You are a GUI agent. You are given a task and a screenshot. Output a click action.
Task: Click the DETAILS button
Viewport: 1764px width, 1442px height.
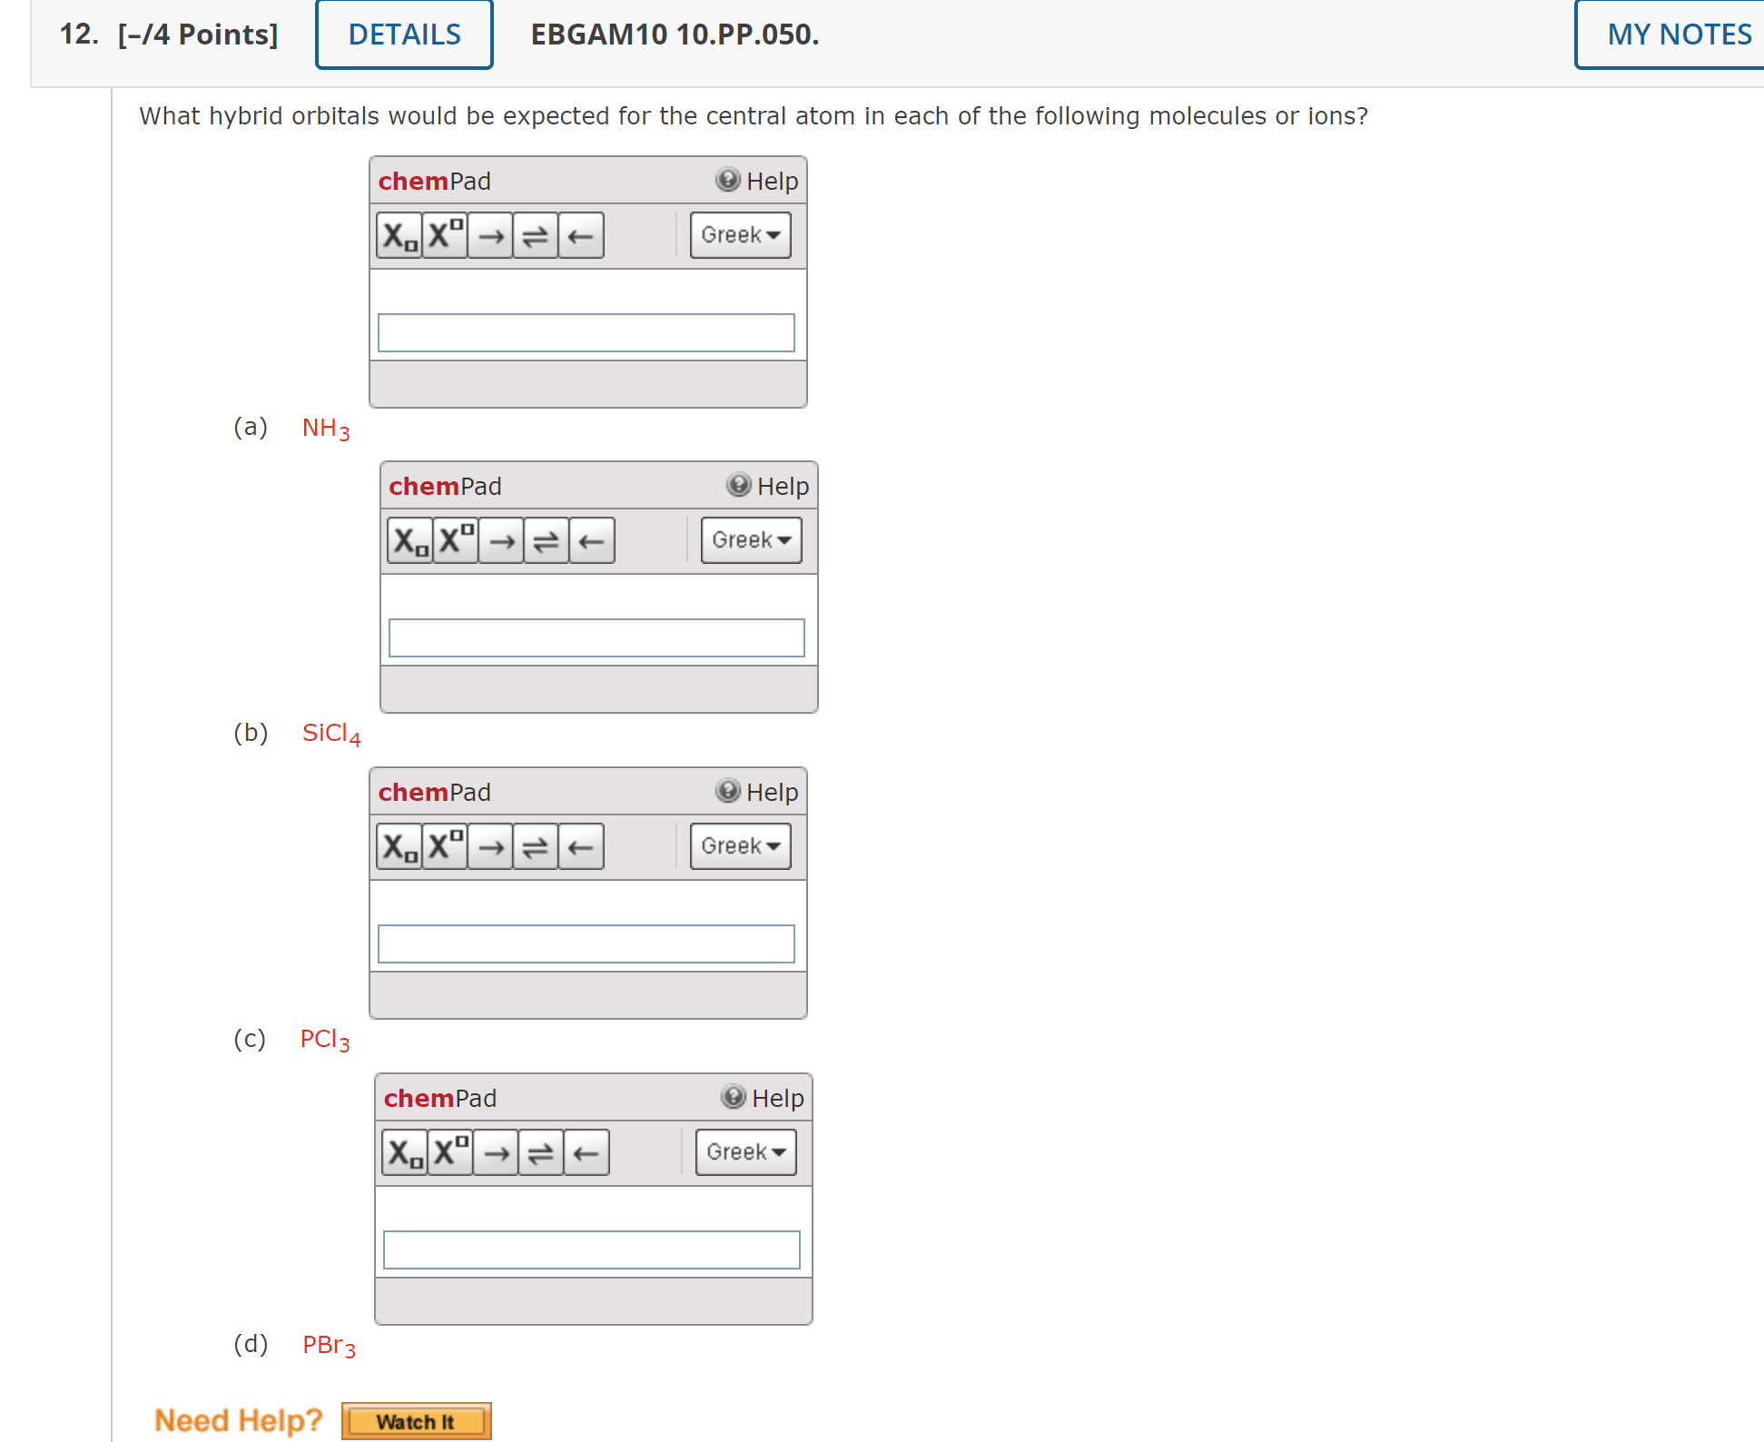(x=404, y=35)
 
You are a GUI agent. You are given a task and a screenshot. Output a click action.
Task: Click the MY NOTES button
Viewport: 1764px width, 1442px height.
(x=1678, y=35)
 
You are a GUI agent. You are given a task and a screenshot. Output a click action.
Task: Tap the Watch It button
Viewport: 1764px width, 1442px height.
(x=416, y=1421)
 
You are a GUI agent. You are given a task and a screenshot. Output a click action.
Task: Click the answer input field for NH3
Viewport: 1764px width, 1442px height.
(x=586, y=332)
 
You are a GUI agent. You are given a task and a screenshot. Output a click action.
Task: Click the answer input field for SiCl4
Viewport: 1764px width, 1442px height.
(x=596, y=637)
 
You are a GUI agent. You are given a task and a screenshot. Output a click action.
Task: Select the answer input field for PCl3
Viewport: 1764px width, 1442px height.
(x=586, y=943)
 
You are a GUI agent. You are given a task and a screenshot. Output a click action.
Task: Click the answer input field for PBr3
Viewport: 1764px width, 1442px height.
(x=591, y=1249)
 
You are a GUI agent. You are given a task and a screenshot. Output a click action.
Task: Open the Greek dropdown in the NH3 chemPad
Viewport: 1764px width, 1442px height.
(x=740, y=235)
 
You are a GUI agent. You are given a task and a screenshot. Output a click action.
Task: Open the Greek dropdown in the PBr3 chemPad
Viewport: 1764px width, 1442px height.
(x=745, y=1152)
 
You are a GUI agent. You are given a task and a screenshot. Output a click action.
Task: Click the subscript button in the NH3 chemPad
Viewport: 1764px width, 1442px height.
(x=399, y=236)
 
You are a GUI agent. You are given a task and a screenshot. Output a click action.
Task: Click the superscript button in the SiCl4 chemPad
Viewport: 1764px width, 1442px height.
(x=456, y=541)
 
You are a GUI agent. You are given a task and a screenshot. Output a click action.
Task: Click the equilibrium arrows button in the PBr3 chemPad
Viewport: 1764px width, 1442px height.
(x=541, y=1153)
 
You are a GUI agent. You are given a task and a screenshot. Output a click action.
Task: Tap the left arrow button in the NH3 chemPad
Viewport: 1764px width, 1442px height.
(x=581, y=236)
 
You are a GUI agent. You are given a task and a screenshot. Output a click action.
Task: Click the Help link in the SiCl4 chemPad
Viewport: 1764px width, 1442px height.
(x=768, y=486)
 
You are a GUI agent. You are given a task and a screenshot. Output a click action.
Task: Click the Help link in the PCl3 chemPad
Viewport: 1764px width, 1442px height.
(x=757, y=792)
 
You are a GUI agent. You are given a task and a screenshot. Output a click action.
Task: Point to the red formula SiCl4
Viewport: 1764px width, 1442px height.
(x=330, y=733)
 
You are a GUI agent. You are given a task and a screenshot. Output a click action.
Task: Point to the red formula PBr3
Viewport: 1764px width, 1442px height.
(x=329, y=1345)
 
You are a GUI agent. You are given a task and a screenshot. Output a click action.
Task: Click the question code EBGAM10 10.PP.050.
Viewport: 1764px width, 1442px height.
(x=675, y=35)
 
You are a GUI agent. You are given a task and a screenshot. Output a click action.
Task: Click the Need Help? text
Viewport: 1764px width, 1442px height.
(x=238, y=1420)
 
